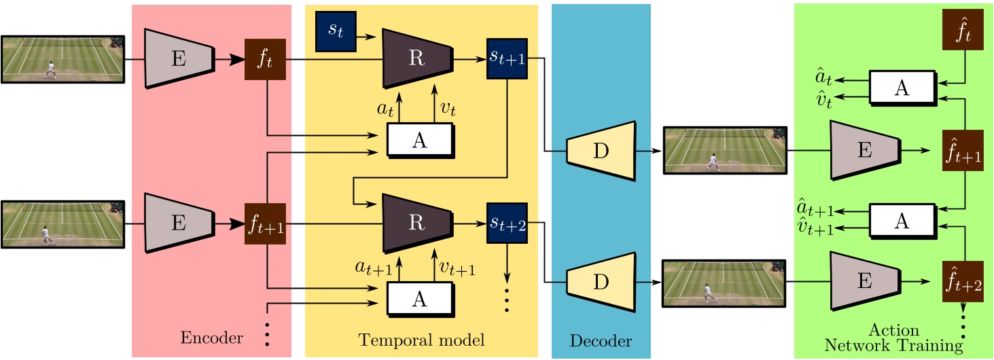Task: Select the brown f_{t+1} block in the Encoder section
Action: [x=264, y=223]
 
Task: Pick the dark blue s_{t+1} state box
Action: [x=507, y=58]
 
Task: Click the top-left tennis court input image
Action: [x=63, y=58]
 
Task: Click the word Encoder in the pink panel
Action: [x=211, y=338]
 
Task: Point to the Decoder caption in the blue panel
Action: [x=601, y=340]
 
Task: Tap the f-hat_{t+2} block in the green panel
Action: [x=963, y=281]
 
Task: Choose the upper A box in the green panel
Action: [x=902, y=88]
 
